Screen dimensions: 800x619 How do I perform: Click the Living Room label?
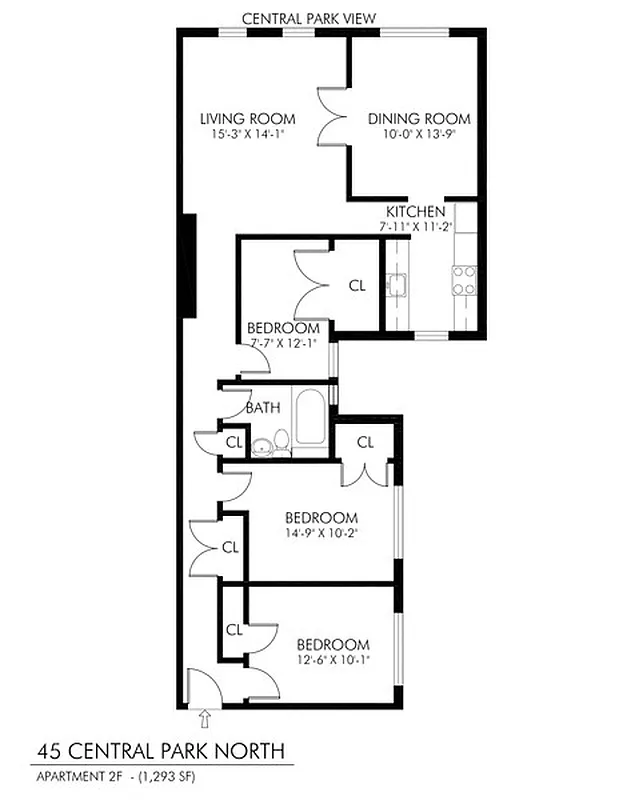click(x=233, y=119)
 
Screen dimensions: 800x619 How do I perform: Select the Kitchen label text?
click(x=415, y=212)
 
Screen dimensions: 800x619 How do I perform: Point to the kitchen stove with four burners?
click(x=464, y=280)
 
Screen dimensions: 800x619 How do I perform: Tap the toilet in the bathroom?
click(x=282, y=441)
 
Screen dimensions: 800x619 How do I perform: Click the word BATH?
click(x=263, y=407)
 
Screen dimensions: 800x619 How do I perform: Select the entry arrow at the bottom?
click(x=206, y=717)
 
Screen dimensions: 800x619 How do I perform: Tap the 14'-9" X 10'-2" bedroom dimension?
click(x=321, y=533)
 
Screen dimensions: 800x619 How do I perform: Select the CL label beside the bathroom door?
click(x=234, y=441)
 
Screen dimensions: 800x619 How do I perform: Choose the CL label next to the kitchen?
click(x=357, y=285)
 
